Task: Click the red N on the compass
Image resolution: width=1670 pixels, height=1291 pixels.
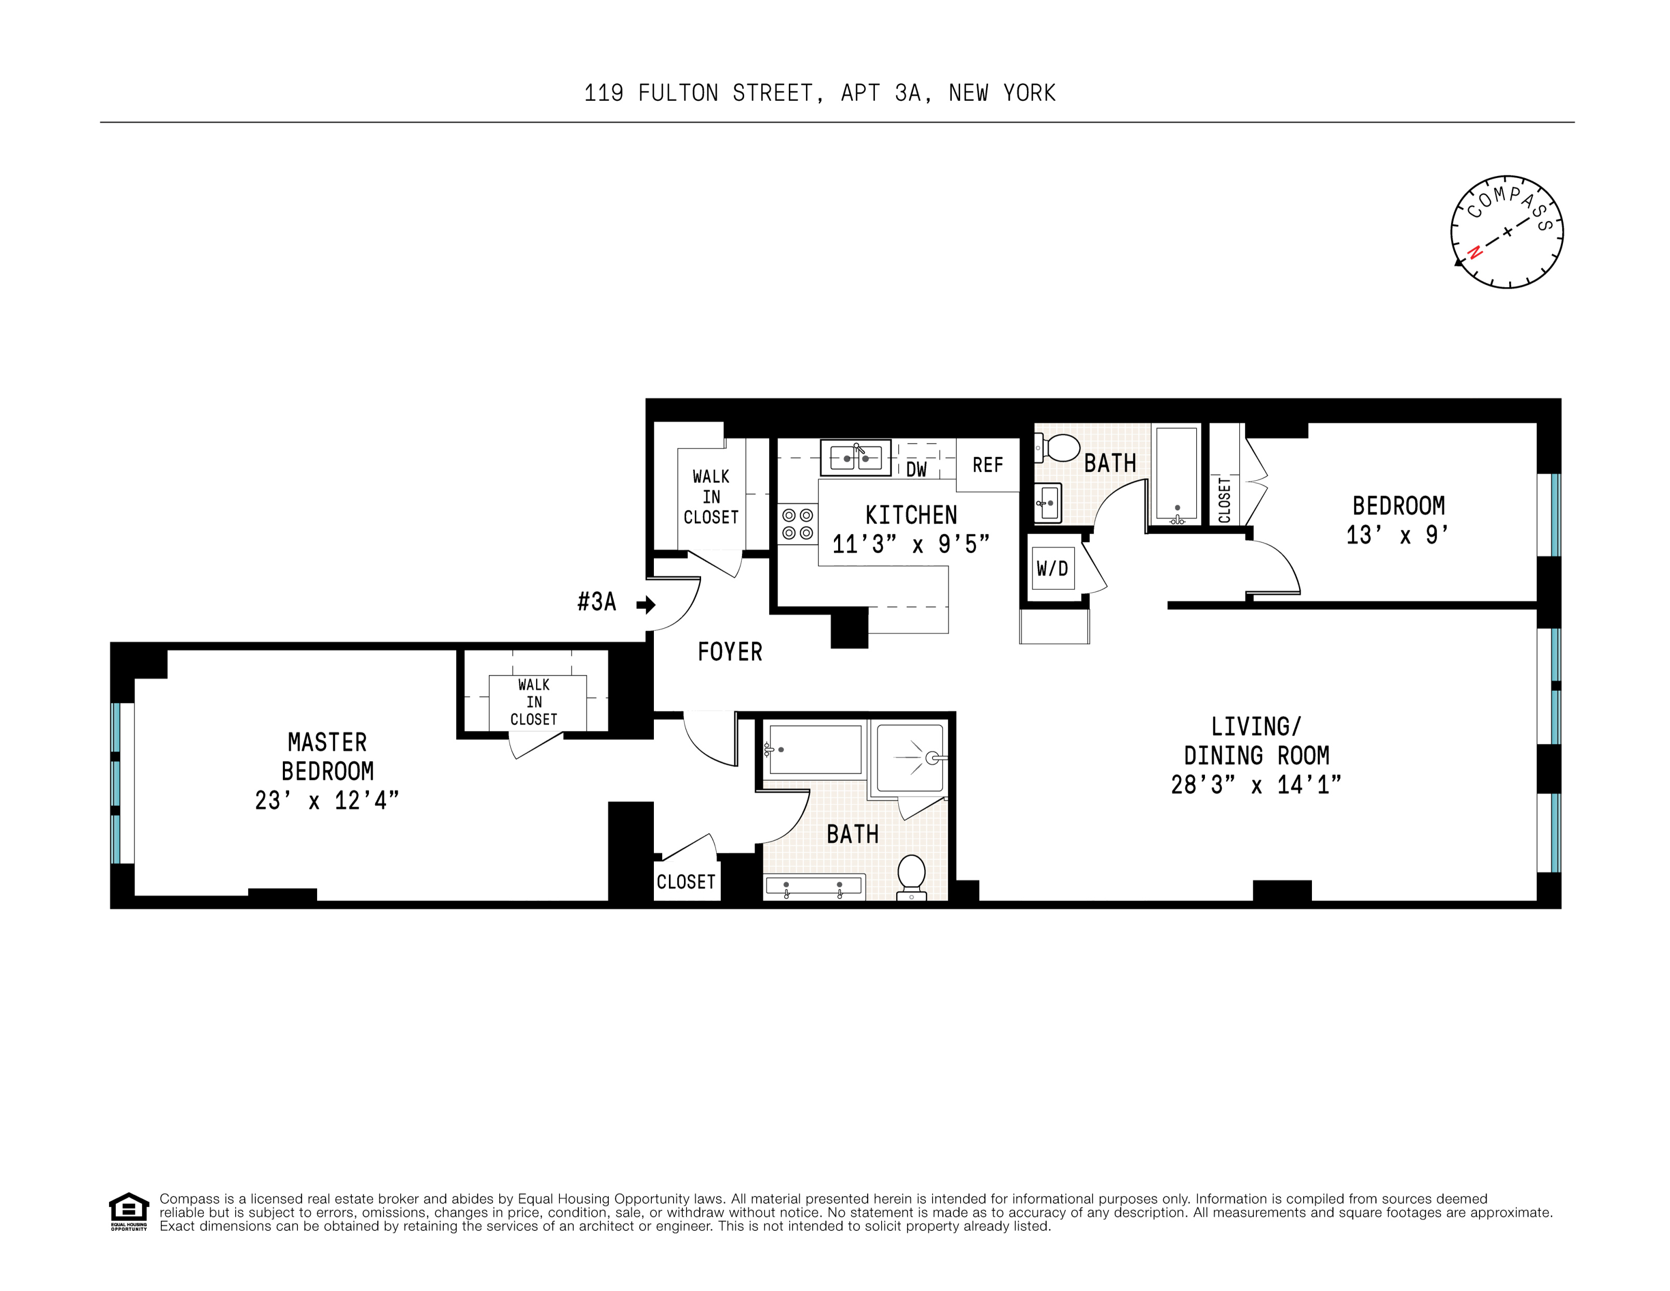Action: tap(1475, 252)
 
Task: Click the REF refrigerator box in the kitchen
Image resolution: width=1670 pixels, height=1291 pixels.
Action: tap(987, 465)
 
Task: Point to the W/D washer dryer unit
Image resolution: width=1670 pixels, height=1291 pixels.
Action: tap(1052, 568)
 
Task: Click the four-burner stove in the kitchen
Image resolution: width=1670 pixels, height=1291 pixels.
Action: tap(797, 524)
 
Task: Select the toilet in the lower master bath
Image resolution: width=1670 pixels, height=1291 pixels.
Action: tap(911, 875)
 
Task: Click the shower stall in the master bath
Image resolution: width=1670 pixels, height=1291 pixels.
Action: tap(909, 758)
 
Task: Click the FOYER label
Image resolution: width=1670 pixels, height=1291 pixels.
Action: tap(730, 651)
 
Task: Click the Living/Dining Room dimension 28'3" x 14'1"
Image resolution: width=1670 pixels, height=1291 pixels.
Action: tap(1255, 785)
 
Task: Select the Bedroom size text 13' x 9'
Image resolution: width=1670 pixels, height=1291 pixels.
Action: tap(1398, 535)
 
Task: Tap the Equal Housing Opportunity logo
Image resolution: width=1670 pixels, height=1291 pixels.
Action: tap(129, 1211)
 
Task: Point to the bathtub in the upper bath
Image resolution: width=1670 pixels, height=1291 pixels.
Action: tap(1176, 474)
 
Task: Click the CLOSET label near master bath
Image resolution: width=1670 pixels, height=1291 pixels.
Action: tap(686, 882)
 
